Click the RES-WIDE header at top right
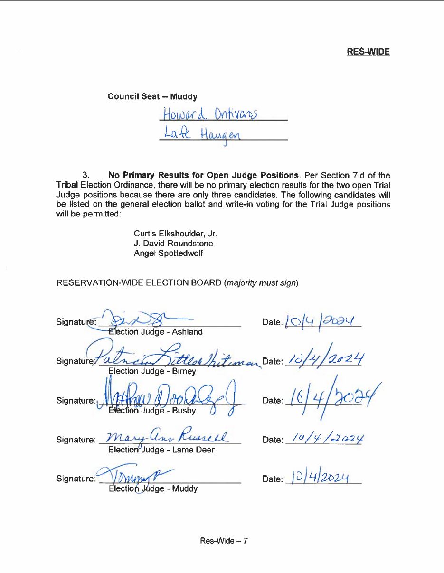368,52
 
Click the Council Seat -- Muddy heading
152,96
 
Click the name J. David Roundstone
173,244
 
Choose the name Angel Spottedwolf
168,254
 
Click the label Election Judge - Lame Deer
161,450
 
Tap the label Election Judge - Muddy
153,488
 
